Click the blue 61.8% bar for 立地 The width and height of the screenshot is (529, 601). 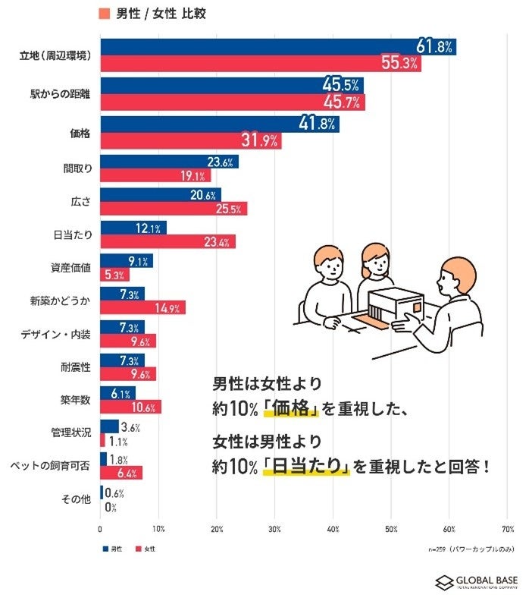pyautogui.click(x=277, y=47)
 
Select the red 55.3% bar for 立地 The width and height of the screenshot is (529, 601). pyautogui.click(x=260, y=64)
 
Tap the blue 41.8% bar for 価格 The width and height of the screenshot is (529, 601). pyautogui.click(x=219, y=124)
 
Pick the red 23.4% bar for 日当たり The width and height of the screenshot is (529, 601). pyautogui.click(x=167, y=242)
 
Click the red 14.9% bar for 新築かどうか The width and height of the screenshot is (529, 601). pyautogui.click(x=142, y=307)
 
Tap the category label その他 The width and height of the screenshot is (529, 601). pyautogui.click(x=77, y=499)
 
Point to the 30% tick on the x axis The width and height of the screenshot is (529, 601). pyautogui.click(x=275, y=529)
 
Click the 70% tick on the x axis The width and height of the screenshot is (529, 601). pyautogui.click(x=508, y=529)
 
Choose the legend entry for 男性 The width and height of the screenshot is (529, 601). pyautogui.click(x=114, y=547)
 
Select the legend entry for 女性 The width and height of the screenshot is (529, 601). pyautogui.click(x=148, y=547)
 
